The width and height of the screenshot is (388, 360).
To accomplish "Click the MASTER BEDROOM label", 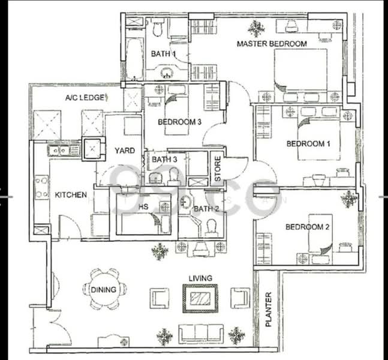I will (x=272, y=44).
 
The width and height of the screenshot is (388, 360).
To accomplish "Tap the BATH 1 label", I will (x=163, y=54).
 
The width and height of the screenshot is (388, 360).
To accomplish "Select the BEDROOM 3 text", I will (x=179, y=122).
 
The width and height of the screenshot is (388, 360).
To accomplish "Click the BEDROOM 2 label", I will (x=308, y=227).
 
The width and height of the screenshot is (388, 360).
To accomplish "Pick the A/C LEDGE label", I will (x=86, y=97).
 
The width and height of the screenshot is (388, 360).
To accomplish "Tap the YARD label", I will (x=125, y=151).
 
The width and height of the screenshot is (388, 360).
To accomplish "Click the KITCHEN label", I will (x=71, y=195).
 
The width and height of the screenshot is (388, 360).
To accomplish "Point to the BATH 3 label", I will (x=164, y=160).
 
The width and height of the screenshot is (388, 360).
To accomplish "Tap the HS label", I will (x=143, y=206).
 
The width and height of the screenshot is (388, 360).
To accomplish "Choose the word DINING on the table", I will (x=103, y=290).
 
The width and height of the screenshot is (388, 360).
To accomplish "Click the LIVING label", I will (x=200, y=278).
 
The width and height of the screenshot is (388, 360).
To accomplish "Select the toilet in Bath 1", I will (x=158, y=28).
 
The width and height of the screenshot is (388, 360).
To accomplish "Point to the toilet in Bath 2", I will (x=210, y=226).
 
